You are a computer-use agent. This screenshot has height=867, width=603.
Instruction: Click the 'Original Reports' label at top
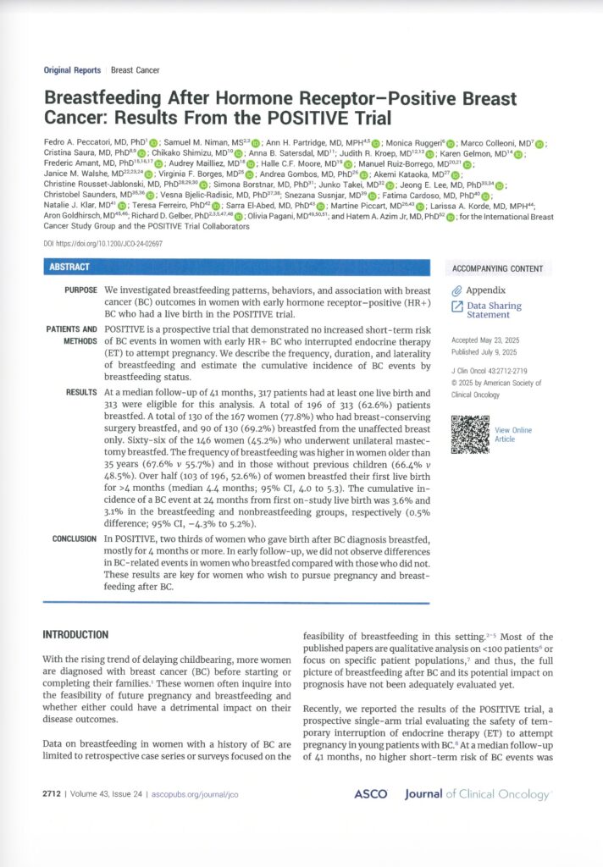(74, 70)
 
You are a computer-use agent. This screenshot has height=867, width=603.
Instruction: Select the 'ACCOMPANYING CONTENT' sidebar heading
(496, 269)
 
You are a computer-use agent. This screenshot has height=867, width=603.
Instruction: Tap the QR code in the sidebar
(470, 434)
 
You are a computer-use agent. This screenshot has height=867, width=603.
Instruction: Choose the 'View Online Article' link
(514, 434)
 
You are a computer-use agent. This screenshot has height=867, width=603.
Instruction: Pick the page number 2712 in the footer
(56, 795)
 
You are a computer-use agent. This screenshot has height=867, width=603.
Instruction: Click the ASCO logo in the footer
(370, 794)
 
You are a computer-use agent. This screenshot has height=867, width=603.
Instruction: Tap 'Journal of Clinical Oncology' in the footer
(478, 794)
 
